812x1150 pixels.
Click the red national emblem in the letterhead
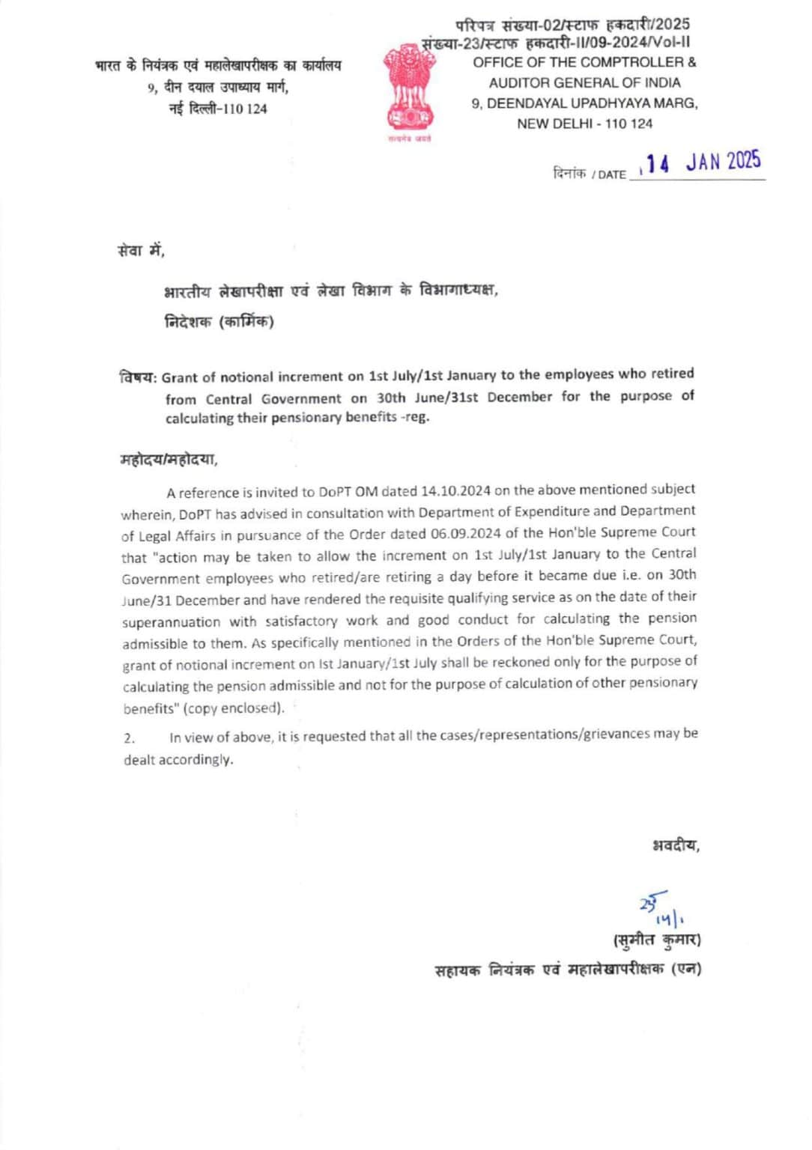click(x=409, y=88)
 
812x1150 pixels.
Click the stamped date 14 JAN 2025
click(x=703, y=162)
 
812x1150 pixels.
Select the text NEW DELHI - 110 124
click(x=584, y=124)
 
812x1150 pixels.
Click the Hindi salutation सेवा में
click(x=140, y=251)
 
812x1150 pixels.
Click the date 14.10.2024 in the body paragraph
click(x=455, y=491)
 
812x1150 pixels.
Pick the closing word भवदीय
click(x=675, y=846)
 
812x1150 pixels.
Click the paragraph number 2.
click(x=130, y=738)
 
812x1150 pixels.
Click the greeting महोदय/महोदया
click(x=169, y=460)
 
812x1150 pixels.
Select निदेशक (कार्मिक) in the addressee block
click(x=219, y=322)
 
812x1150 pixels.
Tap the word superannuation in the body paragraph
click(x=171, y=621)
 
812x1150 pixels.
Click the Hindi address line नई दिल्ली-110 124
click(x=217, y=109)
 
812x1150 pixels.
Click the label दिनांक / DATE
click(x=589, y=174)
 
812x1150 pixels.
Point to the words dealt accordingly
click(x=178, y=760)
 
